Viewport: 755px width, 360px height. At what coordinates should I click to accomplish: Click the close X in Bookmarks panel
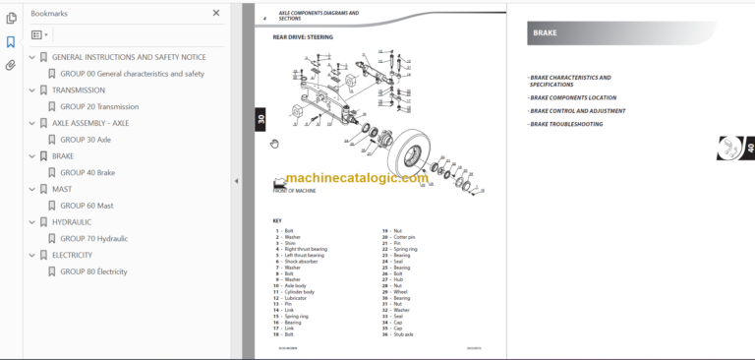click(x=216, y=13)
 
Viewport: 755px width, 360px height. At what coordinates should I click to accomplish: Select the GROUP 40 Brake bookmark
click(x=87, y=172)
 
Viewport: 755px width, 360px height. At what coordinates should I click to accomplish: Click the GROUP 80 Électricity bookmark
click(x=93, y=271)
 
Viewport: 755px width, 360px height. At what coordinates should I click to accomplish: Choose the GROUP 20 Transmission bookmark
click(x=99, y=106)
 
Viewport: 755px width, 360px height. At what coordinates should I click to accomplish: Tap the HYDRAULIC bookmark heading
click(x=78, y=222)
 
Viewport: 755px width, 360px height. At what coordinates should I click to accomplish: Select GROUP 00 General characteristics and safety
click(x=132, y=74)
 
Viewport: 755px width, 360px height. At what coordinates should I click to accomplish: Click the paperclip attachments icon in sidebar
click(x=11, y=66)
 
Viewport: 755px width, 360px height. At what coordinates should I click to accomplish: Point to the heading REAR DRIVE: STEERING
click(x=303, y=37)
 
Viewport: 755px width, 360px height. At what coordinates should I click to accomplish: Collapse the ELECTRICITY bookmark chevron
click(x=31, y=255)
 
